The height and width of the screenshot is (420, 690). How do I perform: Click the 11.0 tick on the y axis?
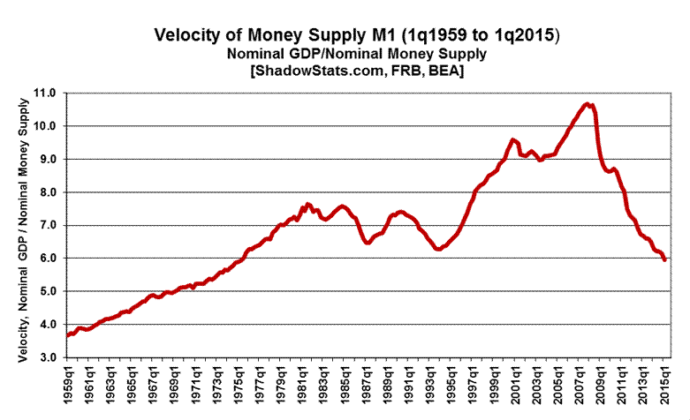click(44, 93)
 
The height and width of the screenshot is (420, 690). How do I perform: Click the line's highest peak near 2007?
click(588, 104)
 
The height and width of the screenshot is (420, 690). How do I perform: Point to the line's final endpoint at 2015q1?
click(664, 259)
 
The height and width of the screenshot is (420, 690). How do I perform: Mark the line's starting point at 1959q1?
click(67, 335)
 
